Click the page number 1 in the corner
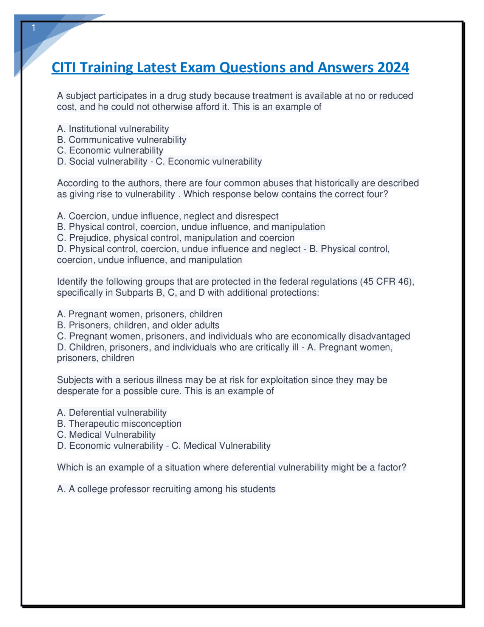[34, 28]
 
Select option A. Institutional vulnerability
[113, 129]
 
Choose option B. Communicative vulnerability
[121, 140]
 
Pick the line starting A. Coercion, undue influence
[168, 216]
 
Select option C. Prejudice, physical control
[175, 238]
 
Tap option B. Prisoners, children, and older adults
[138, 325]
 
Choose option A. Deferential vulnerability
[112, 413]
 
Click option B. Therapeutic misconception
[119, 424]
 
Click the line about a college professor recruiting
[166, 489]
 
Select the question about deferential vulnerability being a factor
[231, 468]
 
